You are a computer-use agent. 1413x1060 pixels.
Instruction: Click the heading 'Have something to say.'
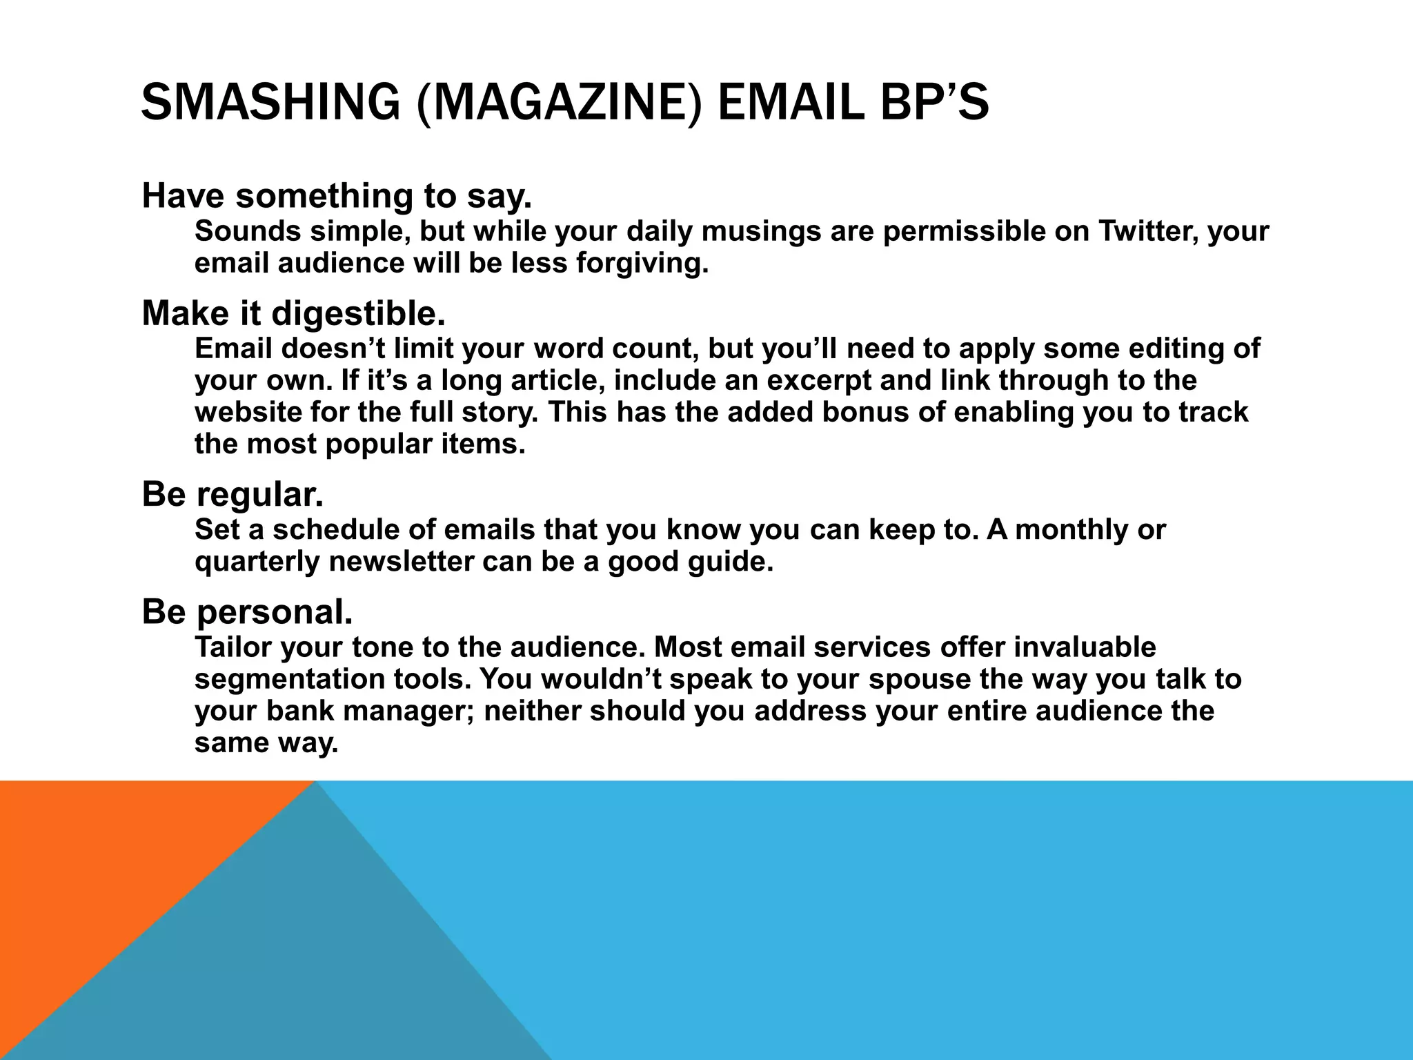click(x=337, y=196)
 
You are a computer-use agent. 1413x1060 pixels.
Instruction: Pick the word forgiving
click(x=642, y=263)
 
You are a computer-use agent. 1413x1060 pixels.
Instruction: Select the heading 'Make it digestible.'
click(x=294, y=313)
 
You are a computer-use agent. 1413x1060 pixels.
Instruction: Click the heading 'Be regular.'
click(x=233, y=494)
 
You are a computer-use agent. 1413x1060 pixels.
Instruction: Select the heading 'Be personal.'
click(x=247, y=611)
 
